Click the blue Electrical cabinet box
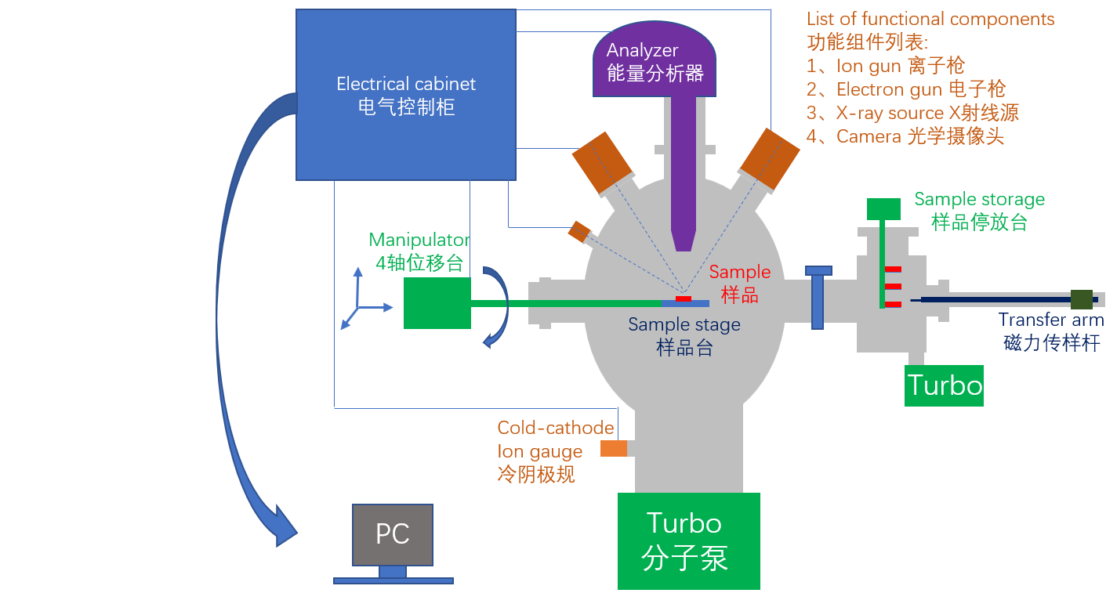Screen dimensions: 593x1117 pyautogui.click(x=405, y=94)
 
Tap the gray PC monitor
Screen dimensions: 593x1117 pyautogui.click(x=392, y=534)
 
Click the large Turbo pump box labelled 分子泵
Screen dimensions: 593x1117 pyautogui.click(x=688, y=541)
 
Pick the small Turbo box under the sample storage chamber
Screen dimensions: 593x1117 pyautogui.click(x=944, y=385)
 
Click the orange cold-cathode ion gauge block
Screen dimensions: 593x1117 pyautogui.click(x=614, y=448)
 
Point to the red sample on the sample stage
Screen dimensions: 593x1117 pyautogui.click(x=684, y=298)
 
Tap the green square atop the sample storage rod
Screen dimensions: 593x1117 pyautogui.click(x=883, y=209)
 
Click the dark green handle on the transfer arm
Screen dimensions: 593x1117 pyautogui.click(x=1082, y=299)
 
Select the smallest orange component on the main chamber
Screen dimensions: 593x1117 pyautogui.click(x=579, y=231)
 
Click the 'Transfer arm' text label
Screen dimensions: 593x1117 pyautogui.click(x=1051, y=320)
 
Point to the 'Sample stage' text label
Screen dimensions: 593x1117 pyautogui.click(x=684, y=324)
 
